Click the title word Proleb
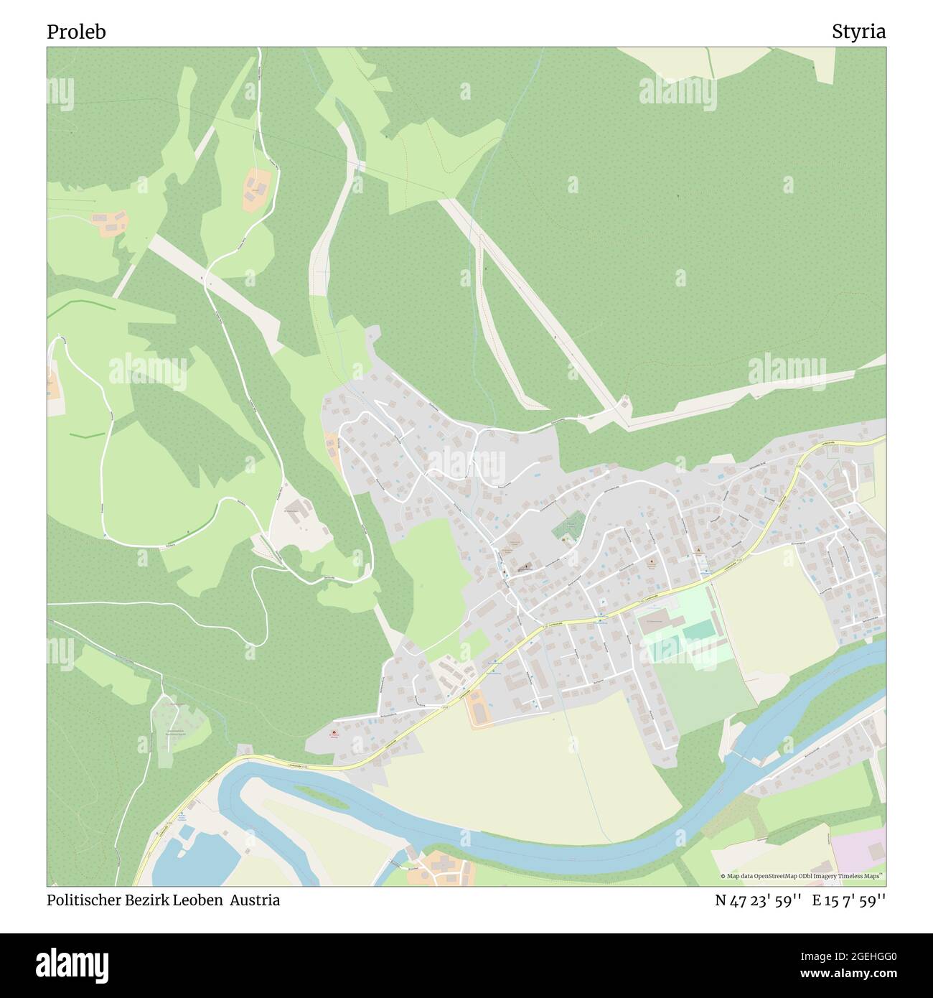click(76, 32)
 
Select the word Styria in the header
click(858, 32)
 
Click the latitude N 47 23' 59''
click(757, 900)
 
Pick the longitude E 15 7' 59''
click(848, 900)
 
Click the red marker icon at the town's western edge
click(332, 732)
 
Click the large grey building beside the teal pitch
click(656, 622)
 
